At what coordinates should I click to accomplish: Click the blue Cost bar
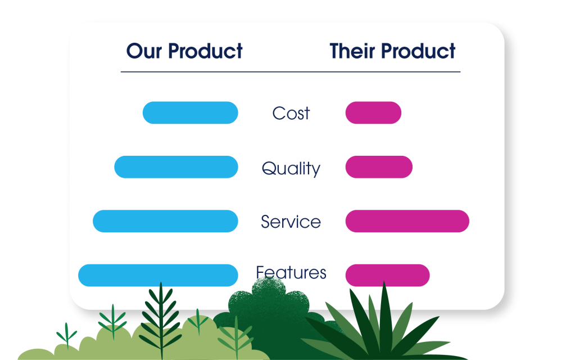click(191, 112)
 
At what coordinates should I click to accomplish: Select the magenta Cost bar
click(373, 112)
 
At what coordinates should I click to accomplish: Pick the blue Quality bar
click(176, 167)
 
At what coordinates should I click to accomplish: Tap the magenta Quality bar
click(379, 167)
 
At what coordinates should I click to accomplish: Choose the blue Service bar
click(165, 221)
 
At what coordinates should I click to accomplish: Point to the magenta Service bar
click(407, 221)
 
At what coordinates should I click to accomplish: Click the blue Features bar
click(158, 275)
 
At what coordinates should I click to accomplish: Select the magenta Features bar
click(387, 275)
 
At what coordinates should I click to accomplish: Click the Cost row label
click(291, 113)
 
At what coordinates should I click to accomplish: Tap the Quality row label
click(291, 168)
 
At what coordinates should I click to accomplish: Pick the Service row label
click(291, 222)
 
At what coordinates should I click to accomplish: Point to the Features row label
click(291, 272)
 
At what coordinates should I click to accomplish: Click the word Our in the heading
click(144, 51)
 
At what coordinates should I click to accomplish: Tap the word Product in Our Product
click(205, 51)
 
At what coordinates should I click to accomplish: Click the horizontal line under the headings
click(291, 72)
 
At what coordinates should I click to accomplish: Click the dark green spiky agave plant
click(383, 327)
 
